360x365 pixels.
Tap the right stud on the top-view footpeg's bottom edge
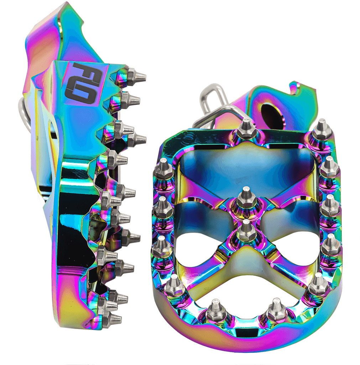[276, 309]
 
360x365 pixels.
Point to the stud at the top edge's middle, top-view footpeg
[246, 130]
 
